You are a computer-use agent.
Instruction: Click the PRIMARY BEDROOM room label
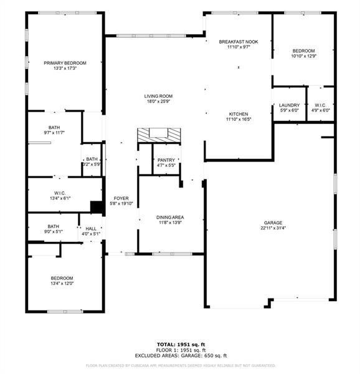coord(65,63)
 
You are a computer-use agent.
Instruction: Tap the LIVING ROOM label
coord(158,96)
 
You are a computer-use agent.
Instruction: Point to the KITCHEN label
coord(238,114)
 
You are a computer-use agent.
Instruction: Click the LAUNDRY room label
coord(290,105)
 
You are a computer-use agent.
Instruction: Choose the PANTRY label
coord(166,160)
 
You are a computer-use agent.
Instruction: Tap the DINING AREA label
coord(170,218)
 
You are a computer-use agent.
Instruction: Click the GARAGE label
coord(273,223)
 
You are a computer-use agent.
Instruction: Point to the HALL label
coord(92,229)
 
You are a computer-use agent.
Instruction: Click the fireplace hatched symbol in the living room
coord(158,134)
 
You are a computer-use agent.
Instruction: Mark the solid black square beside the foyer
coord(97,207)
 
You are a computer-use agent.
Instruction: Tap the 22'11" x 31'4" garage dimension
coord(273,228)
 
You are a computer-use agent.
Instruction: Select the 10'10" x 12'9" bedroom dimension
coord(304,56)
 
